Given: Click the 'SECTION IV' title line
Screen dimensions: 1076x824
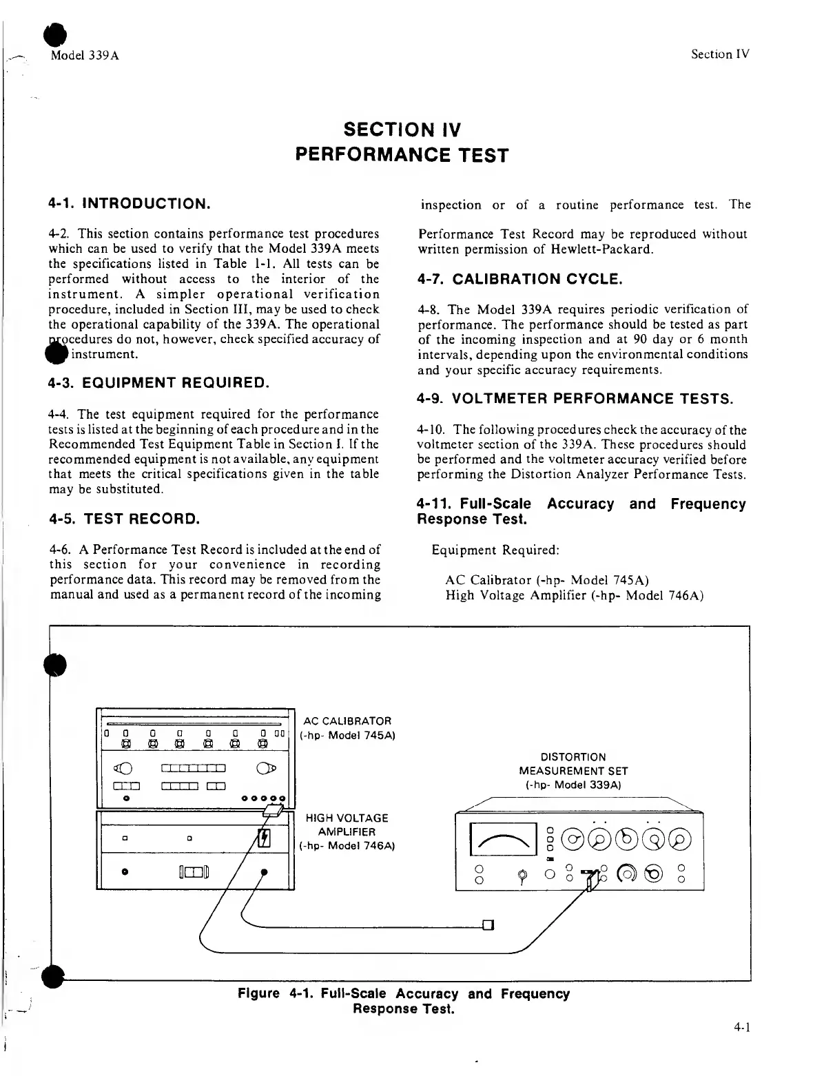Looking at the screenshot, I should click(402, 130).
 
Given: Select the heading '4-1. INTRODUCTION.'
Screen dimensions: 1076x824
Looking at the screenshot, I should click(129, 204).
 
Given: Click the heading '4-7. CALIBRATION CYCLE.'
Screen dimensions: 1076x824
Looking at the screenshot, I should click(520, 279).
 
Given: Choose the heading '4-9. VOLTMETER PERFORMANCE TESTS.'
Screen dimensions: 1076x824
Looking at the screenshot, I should click(575, 399).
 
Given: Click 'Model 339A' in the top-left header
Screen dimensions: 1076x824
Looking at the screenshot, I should click(85, 55).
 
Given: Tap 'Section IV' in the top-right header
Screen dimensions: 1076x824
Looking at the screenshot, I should click(720, 54).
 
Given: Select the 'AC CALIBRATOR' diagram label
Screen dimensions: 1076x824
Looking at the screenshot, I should click(347, 721).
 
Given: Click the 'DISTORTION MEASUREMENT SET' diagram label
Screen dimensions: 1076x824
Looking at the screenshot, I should click(573, 771).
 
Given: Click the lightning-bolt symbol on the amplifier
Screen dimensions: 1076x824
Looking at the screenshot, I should click(263, 838).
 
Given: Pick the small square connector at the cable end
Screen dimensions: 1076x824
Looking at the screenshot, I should click(488, 924).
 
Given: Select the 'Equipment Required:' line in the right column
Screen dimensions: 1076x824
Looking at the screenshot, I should click(495, 550).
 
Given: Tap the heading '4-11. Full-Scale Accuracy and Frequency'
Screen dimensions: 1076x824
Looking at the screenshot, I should click(581, 504).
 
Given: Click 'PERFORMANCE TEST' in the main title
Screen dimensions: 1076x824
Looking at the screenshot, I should click(402, 156).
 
